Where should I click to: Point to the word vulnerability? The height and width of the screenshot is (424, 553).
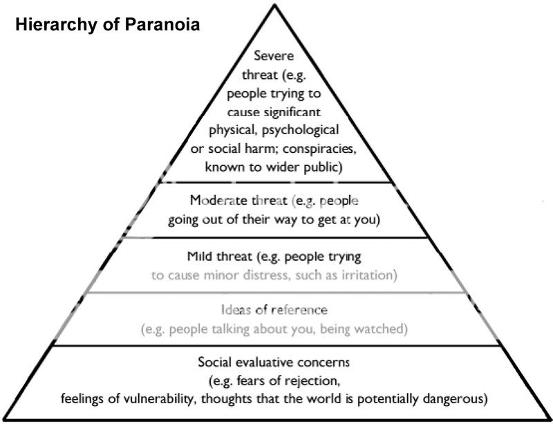pos(161,399)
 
